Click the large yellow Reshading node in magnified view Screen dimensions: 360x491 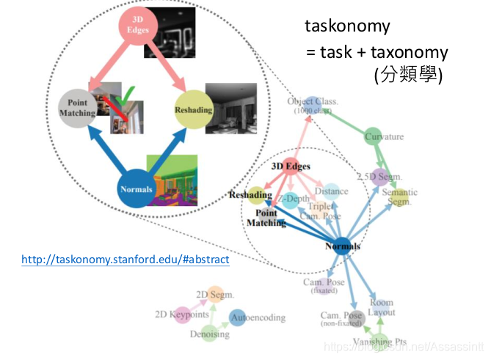193,110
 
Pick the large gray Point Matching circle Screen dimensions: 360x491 77,109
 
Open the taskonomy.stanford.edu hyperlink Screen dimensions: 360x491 126,260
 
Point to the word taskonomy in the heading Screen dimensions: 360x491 347,26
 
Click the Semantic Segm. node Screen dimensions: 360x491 399,196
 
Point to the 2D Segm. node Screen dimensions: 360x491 214,295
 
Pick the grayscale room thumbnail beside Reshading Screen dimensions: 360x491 230,107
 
